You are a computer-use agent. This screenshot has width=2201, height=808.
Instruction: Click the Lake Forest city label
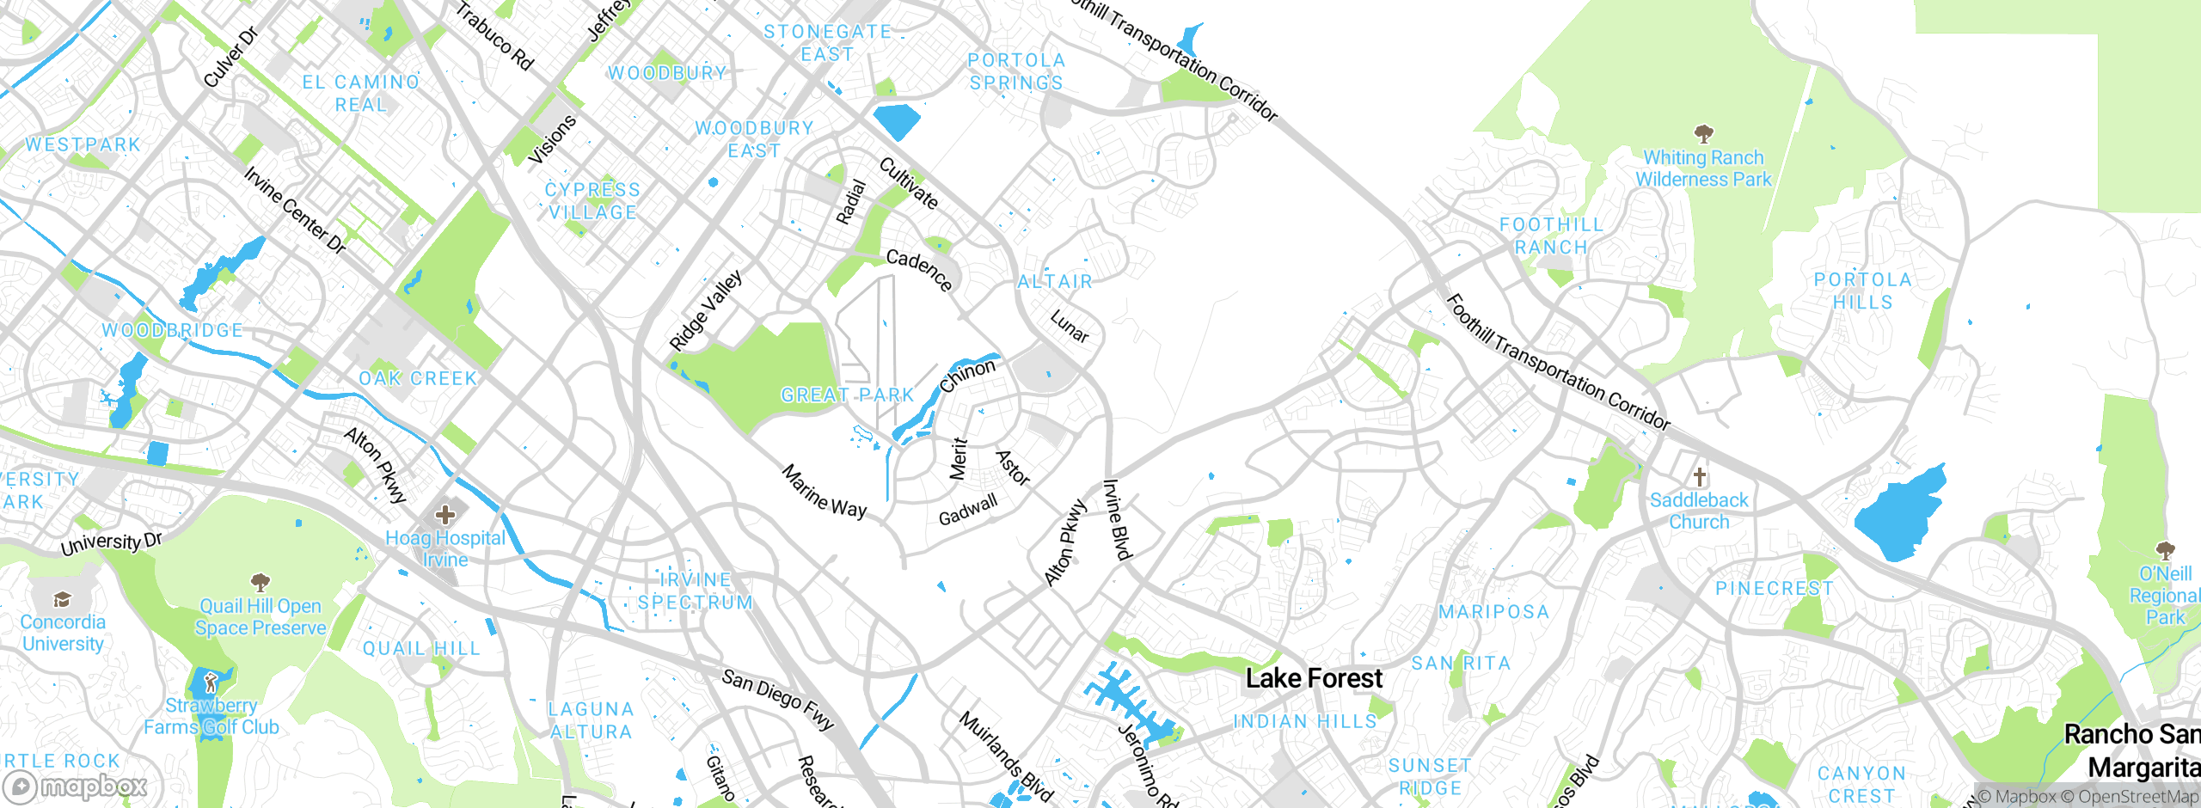click(1314, 678)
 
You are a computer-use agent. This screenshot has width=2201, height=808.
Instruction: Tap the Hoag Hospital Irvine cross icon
click(445, 515)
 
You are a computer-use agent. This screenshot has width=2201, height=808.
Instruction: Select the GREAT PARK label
click(847, 395)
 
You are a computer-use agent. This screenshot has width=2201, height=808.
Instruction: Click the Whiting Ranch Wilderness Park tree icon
click(1703, 133)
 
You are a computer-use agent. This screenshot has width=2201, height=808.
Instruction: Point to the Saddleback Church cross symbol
click(1699, 476)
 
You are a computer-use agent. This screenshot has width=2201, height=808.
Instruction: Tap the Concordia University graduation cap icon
click(62, 599)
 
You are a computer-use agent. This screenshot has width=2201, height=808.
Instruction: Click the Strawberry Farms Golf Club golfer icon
click(212, 683)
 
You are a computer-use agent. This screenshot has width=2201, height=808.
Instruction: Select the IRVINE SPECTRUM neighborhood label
click(695, 591)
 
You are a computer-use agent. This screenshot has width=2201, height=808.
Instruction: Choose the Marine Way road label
click(825, 491)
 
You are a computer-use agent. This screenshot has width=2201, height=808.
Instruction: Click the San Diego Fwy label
click(778, 700)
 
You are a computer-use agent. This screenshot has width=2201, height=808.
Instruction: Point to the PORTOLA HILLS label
click(1862, 291)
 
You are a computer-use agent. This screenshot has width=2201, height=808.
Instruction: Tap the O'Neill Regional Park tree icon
click(2165, 550)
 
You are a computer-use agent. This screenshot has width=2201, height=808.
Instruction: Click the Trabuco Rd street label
click(494, 36)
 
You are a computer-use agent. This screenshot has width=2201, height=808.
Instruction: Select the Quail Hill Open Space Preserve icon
click(261, 583)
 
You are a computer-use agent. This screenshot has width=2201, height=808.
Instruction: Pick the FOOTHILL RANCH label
click(1551, 236)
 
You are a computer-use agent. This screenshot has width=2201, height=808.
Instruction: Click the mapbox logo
click(76, 786)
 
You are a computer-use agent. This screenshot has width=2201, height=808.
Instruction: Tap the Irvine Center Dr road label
click(294, 211)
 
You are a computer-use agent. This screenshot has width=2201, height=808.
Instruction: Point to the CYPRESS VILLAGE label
click(593, 201)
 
